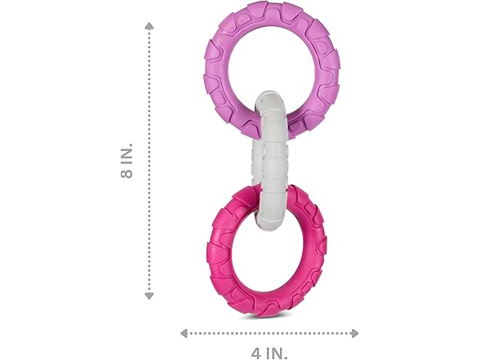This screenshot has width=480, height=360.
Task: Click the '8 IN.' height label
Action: click(x=127, y=160)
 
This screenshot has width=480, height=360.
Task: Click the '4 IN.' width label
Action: click(x=269, y=353)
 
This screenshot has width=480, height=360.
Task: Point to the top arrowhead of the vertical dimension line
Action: click(x=149, y=26)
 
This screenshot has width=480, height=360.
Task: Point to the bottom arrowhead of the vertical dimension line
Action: click(x=149, y=296)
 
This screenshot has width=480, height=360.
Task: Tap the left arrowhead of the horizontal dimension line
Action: click(x=184, y=333)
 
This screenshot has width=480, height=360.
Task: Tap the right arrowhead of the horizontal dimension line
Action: click(x=355, y=333)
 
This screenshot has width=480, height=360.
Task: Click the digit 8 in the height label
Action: click(x=127, y=174)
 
